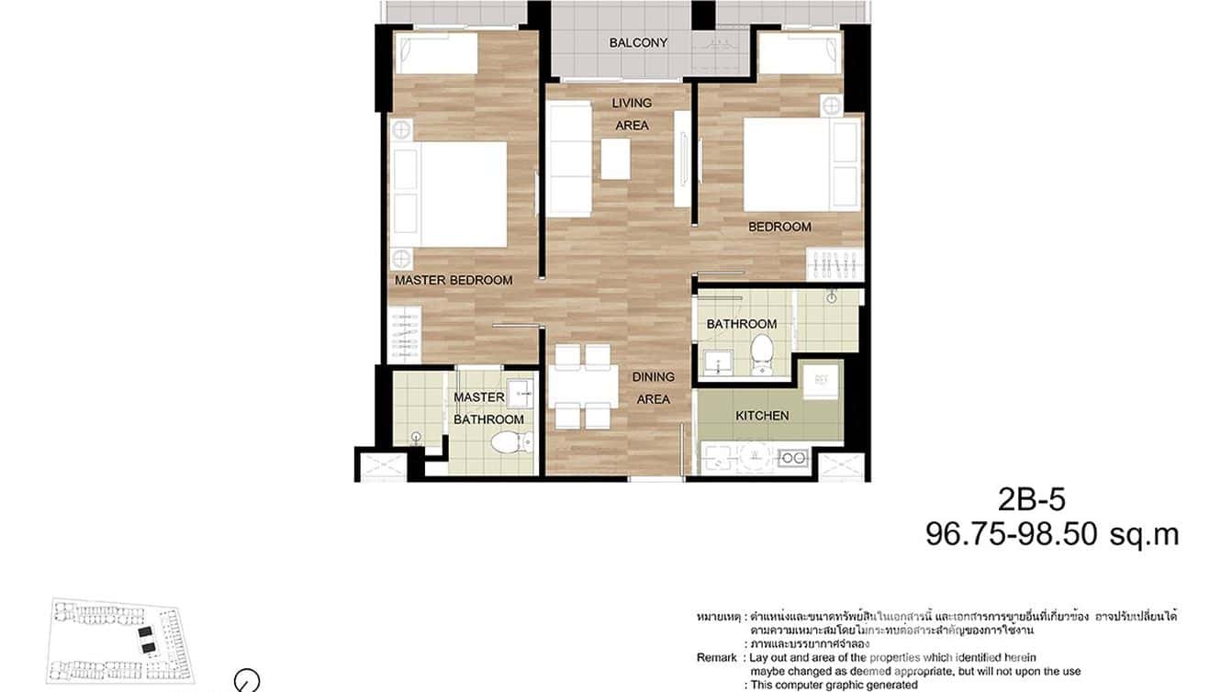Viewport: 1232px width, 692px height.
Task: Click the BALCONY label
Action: pyautogui.click(x=638, y=43)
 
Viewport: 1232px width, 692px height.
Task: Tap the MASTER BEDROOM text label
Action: pyautogui.click(x=454, y=280)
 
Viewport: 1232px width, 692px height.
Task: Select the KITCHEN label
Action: pyautogui.click(x=762, y=416)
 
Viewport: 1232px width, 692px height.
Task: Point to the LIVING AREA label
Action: pyautogui.click(x=632, y=114)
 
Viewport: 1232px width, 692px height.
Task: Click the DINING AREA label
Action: pyautogui.click(x=653, y=388)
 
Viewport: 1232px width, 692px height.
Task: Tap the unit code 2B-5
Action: pyautogui.click(x=1031, y=499)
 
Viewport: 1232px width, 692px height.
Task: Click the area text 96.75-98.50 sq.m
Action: pyautogui.click(x=1051, y=534)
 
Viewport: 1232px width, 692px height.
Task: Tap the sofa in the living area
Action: pyautogui.click(x=569, y=158)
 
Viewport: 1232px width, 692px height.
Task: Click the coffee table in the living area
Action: pyautogui.click(x=616, y=158)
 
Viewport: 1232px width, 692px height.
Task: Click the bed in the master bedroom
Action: pyautogui.click(x=450, y=195)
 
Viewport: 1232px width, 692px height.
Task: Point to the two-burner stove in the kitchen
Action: pyautogui.click(x=791, y=457)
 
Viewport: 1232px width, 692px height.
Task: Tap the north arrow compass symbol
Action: pyautogui.click(x=247, y=681)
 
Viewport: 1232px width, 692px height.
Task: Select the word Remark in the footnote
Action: pyautogui.click(x=717, y=658)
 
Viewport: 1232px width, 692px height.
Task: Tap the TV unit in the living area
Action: pyautogui.click(x=681, y=158)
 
